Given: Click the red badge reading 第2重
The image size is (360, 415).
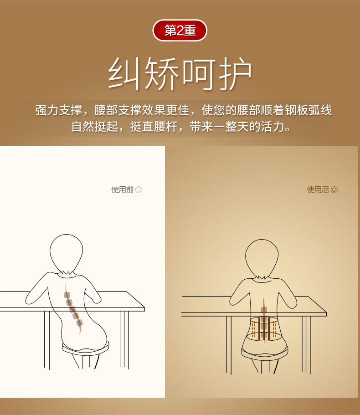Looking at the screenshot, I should (x=180, y=31).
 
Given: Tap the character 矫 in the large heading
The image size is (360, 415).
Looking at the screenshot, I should (x=162, y=73).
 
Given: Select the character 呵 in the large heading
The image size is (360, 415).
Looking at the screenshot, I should (x=199, y=73).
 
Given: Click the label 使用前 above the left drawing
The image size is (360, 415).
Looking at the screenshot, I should (x=123, y=190).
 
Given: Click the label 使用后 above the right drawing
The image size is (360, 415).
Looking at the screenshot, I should (x=318, y=190).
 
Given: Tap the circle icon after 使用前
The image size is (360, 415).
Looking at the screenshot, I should (x=139, y=190).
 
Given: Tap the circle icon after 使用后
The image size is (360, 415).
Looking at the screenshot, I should (x=334, y=190).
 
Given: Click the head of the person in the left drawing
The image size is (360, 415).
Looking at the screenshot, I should (x=67, y=253).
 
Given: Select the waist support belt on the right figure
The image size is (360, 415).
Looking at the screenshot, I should (x=264, y=328).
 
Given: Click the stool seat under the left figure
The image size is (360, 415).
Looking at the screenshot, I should (x=84, y=348).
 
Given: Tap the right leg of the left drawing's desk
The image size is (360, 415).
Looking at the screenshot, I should (x=124, y=339).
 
